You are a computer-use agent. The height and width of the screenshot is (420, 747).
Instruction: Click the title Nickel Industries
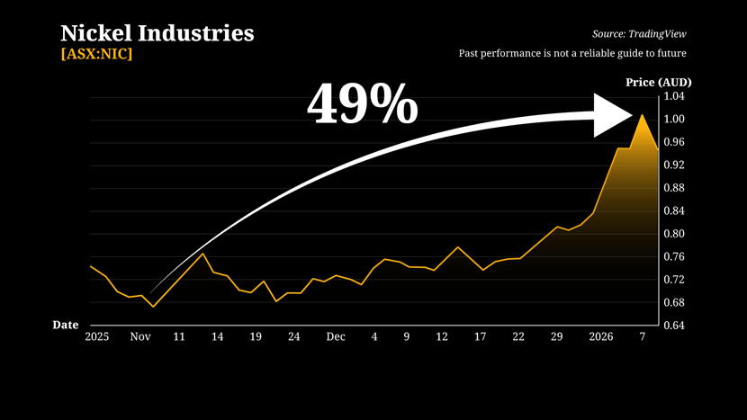click(x=157, y=34)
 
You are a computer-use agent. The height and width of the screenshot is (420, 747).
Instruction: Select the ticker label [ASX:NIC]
click(x=96, y=54)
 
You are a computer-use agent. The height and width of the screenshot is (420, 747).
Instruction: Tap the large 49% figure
click(x=363, y=104)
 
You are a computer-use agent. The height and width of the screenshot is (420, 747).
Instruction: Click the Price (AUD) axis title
click(x=659, y=83)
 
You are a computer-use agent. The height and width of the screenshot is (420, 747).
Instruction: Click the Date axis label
click(x=65, y=325)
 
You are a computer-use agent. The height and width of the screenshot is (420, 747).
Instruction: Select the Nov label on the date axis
click(x=140, y=337)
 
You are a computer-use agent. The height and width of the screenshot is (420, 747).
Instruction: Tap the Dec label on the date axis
click(x=336, y=337)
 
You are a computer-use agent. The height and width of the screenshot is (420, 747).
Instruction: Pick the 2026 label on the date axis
click(x=600, y=337)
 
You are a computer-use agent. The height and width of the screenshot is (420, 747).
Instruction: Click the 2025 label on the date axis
click(x=96, y=337)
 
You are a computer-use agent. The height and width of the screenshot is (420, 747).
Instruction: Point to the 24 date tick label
click(x=293, y=337)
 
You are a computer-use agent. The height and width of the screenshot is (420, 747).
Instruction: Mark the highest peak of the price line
click(x=642, y=115)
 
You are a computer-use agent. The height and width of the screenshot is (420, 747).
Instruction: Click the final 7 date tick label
click(x=642, y=337)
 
